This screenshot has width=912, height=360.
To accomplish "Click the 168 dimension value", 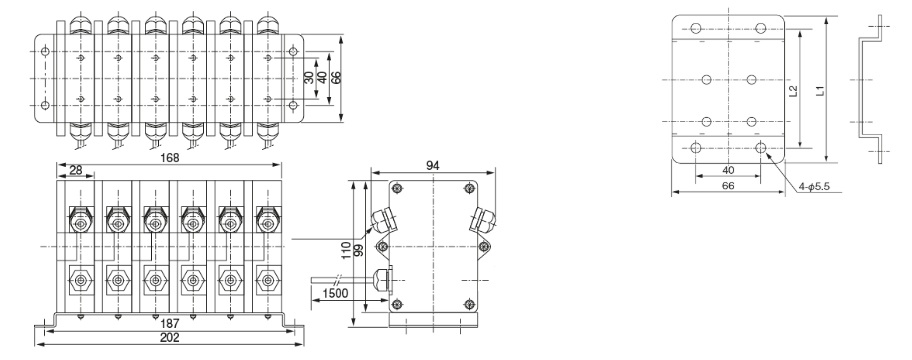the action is point(169,158).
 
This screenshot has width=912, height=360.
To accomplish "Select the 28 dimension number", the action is point(76,170).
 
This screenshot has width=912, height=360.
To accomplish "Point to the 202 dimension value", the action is point(169,338).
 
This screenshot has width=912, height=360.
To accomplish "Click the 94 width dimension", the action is point(433,166).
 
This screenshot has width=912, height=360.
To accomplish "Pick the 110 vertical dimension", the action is point(347,250).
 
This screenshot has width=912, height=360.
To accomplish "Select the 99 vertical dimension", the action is point(358,251).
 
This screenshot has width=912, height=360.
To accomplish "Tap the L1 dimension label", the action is point(819,91).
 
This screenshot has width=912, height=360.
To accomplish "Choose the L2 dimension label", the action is point(793,91).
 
